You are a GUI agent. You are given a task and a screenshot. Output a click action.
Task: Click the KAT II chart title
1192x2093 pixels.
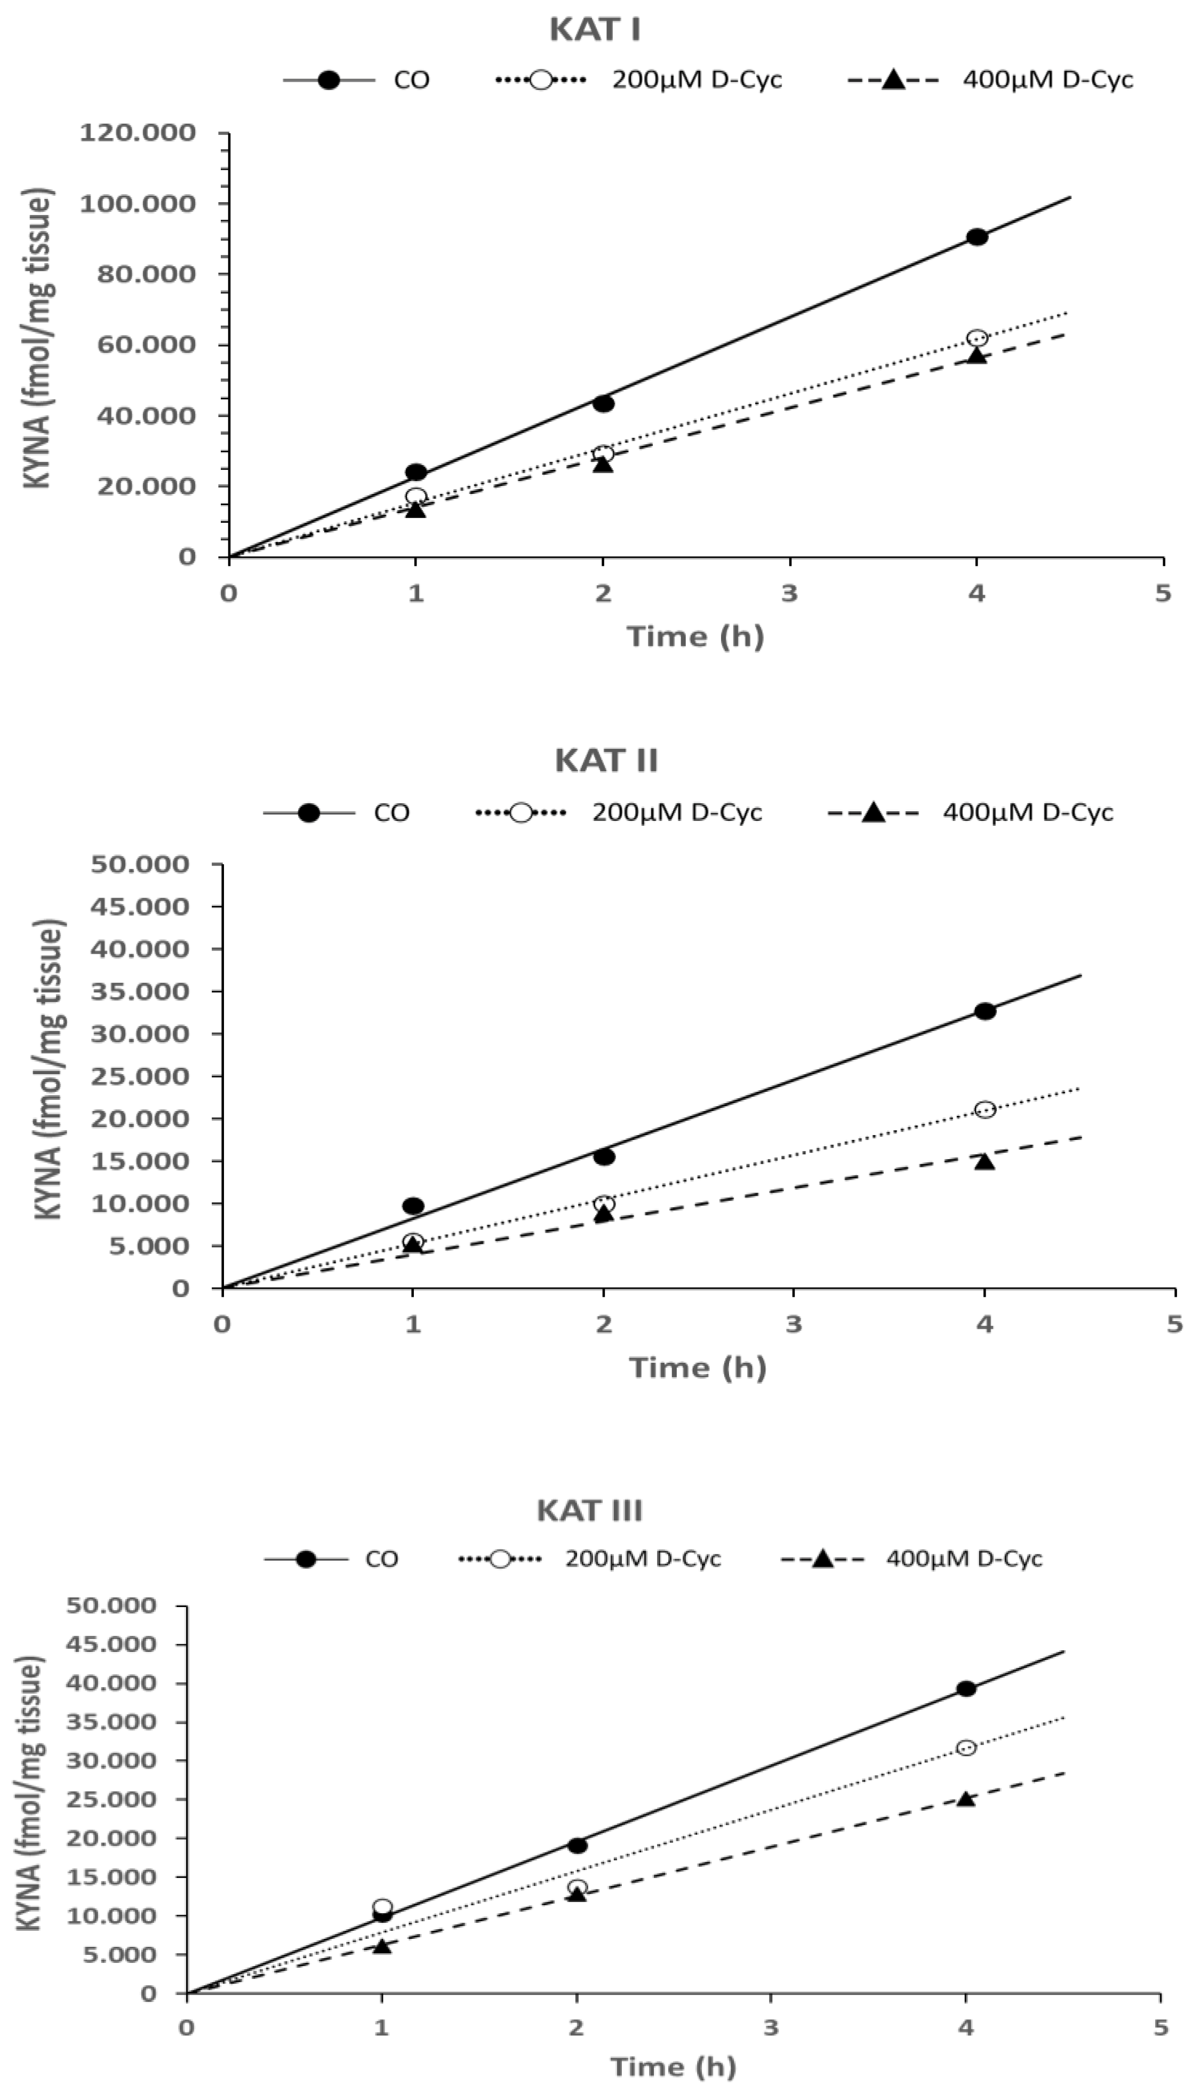tap(606, 761)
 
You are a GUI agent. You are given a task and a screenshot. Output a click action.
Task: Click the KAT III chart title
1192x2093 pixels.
tap(589, 1510)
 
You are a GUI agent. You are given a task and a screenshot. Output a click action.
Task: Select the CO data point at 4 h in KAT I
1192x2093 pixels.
tap(977, 237)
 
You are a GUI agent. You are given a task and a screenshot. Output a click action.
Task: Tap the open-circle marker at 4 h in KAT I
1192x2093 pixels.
tap(977, 338)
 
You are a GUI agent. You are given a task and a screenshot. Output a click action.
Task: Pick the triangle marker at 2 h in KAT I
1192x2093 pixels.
tap(603, 464)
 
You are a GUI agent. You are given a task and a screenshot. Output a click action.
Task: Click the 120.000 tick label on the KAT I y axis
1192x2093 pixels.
tap(138, 133)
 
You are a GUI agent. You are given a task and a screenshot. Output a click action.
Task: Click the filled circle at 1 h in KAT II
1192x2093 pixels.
tap(413, 1205)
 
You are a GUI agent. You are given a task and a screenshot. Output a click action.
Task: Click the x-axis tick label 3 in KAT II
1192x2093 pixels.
tap(793, 1324)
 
